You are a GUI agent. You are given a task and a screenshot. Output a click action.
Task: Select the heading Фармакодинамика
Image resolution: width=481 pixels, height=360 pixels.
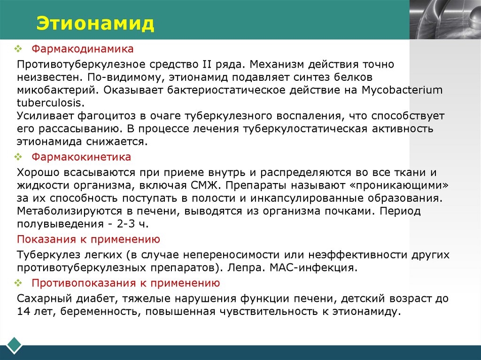click(x=83, y=49)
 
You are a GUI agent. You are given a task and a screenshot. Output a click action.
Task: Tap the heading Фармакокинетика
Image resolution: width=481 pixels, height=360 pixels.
click(x=81, y=156)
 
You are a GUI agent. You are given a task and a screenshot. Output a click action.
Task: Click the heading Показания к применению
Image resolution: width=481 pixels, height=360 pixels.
click(x=88, y=239)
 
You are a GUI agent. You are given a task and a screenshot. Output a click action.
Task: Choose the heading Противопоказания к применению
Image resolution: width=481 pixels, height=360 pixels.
click(x=126, y=283)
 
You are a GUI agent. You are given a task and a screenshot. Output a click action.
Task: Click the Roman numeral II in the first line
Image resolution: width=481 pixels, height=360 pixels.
click(x=207, y=63)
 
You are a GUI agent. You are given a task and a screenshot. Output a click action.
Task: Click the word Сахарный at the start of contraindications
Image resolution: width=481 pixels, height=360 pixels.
click(x=40, y=298)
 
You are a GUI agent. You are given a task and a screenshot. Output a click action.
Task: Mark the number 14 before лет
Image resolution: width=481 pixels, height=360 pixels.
click(x=23, y=311)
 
